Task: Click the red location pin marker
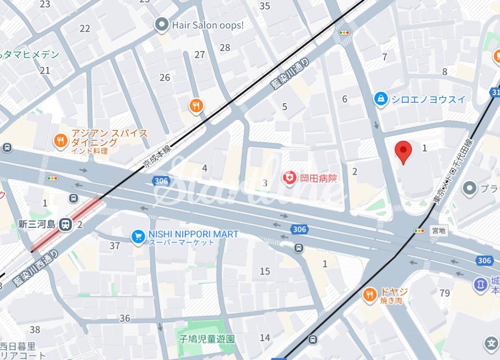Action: point(403,152)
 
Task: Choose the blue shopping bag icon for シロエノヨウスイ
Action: point(381,99)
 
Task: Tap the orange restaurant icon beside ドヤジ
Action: point(369,294)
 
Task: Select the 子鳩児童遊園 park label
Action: point(207,339)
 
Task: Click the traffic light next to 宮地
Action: point(419,231)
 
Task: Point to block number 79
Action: point(444,293)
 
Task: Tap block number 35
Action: point(265,6)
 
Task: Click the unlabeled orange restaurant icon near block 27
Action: point(196,106)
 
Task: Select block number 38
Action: point(35,329)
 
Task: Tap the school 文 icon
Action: point(490,343)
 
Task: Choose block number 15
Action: point(265,271)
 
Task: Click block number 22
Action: point(85,28)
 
